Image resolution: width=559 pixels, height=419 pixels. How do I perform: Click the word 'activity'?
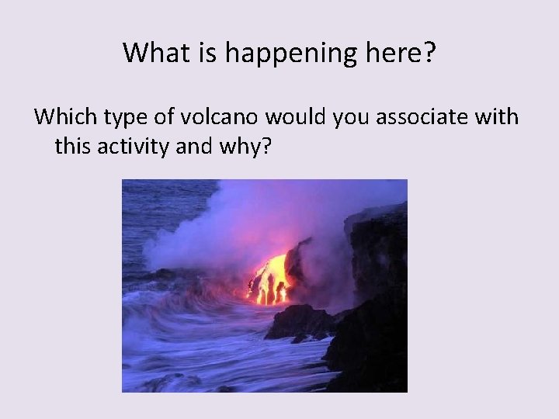(x=134, y=145)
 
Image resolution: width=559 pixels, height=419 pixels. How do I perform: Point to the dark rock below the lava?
(x=299, y=322)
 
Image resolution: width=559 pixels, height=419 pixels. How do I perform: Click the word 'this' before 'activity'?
(x=72, y=145)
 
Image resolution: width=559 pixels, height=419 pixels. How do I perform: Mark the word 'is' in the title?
(x=197, y=53)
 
